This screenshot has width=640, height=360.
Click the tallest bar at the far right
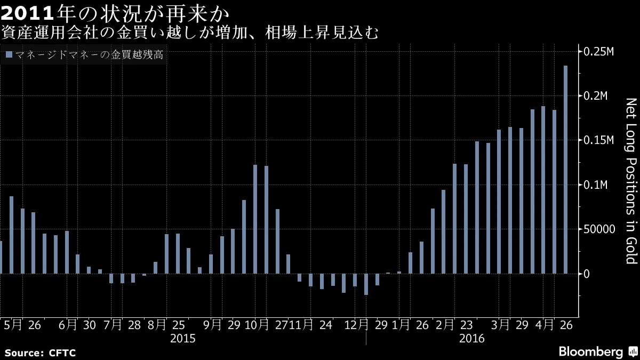tap(565, 170)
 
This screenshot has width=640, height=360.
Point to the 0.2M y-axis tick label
tap(596, 96)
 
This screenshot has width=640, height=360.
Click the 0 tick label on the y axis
tap(586, 274)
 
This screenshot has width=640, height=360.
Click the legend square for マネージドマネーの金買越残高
tap(8, 54)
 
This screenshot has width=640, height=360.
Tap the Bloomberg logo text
tap(590, 352)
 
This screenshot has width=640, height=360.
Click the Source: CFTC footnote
tap(40, 353)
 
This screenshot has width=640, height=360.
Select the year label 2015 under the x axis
tap(182, 339)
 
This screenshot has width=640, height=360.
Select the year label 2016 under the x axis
tap(471, 339)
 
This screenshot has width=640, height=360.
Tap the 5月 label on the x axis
tap(13, 325)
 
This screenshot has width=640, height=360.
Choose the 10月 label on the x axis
tap(257, 325)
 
